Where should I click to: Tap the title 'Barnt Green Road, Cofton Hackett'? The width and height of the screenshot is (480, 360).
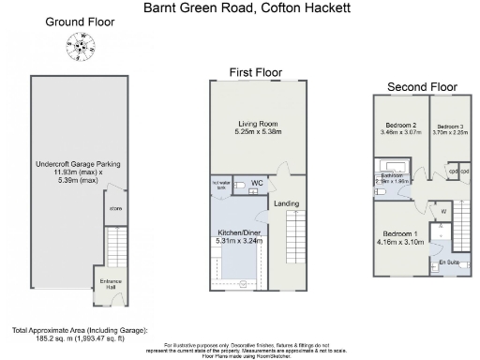point(240,7)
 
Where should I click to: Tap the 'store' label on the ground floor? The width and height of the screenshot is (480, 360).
point(116,208)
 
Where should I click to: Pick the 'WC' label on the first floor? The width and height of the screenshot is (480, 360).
point(257,185)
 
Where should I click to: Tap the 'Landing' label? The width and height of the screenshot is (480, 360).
point(286,202)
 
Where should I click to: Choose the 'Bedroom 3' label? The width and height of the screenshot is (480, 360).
point(449,127)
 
